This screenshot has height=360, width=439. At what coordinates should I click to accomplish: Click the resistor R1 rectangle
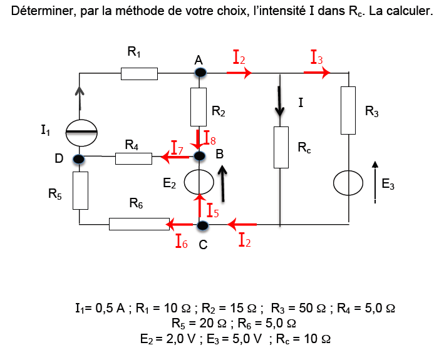tap(139, 74)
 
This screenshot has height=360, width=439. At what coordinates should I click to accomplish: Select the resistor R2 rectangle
tap(199, 106)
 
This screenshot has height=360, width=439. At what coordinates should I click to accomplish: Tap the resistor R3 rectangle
tap(348, 111)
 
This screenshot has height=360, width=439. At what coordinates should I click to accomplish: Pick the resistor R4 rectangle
tap(133, 158)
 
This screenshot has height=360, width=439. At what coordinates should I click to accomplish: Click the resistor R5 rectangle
tap(80, 190)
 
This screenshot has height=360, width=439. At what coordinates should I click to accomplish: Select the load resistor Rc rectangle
tap(281, 147)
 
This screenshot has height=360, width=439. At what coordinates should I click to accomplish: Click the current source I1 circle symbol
tap(81, 131)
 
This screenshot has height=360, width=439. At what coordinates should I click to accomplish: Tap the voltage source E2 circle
tap(199, 183)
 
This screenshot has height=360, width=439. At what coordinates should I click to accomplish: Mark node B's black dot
tap(200, 155)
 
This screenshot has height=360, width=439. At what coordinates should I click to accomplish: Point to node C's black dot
tap(202, 225)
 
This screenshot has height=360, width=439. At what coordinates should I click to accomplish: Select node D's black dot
tap(79, 159)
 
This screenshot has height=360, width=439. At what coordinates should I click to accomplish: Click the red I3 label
tap(317, 58)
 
